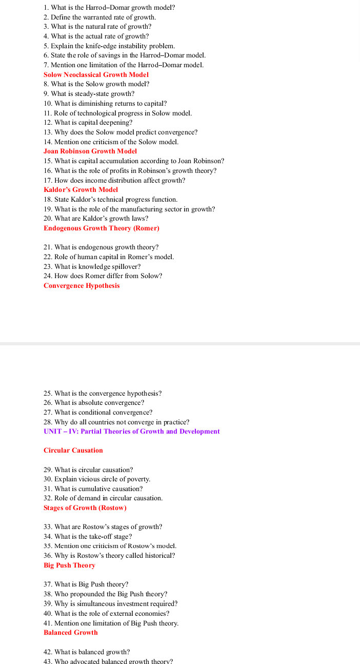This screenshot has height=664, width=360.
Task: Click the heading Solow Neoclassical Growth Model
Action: pos(96,74)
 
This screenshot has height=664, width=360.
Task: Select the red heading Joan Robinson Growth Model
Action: pos(90,151)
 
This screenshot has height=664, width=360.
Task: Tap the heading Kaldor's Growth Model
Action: pos(81,190)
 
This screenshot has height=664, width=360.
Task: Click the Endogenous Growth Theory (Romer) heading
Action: pos(101,228)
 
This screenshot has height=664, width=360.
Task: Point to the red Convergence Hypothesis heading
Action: pos(82,286)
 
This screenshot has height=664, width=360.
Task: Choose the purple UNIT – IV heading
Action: pos(132,432)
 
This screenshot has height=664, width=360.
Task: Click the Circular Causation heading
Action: pos(73,451)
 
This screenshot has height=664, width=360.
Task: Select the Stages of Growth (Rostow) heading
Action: pos(85,508)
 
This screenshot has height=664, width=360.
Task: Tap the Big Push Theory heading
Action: pos(69,565)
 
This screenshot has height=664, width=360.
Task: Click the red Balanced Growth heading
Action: pos(71,633)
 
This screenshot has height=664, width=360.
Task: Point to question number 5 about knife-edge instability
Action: pos(109,46)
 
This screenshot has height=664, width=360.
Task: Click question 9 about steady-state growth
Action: pos(89,94)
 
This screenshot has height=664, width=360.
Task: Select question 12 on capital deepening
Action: pos(88,123)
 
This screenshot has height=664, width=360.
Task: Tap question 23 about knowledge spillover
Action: pos(92,267)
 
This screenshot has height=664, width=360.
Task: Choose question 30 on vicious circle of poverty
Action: pos(97,479)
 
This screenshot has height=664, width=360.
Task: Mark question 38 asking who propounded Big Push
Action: pos(105,594)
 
